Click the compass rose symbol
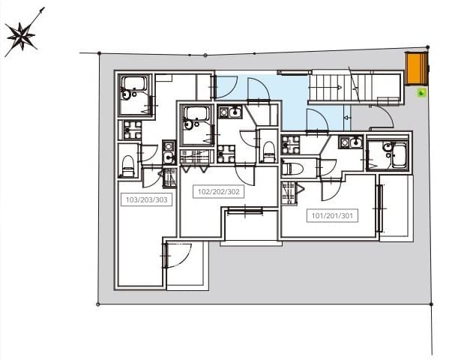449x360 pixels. [20, 36]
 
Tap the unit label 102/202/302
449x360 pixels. [217, 190]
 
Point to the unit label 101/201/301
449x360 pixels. [330, 216]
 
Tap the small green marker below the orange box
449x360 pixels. [421, 93]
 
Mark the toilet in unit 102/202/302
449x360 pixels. [268, 148]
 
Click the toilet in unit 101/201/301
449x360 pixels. [292, 168]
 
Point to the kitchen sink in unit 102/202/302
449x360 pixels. [232, 112]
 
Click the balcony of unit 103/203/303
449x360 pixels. [186, 266]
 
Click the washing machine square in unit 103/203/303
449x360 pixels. [133, 130]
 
